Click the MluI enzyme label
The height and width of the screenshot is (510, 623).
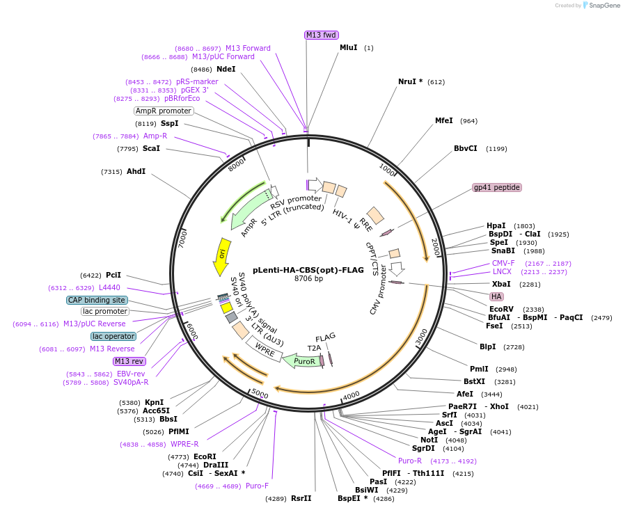(348, 48)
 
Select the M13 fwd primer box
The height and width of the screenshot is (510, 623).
(321, 35)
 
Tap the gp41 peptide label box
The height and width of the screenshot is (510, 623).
(496, 187)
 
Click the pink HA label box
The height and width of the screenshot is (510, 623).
(496, 296)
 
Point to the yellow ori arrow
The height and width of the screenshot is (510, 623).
(222, 254)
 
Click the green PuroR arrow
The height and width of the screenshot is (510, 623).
(301, 360)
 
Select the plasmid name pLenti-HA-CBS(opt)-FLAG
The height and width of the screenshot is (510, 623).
(308, 270)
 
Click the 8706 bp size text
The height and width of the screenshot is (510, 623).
(308, 279)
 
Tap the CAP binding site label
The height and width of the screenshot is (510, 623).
(97, 300)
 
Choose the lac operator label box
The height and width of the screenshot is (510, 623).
(113, 336)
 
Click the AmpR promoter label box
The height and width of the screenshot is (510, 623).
(164, 111)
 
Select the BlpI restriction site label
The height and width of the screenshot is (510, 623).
(487, 346)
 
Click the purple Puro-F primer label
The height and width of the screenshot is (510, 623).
(257, 486)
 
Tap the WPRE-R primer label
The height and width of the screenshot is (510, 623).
(184, 444)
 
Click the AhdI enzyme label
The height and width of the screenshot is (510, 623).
(136, 171)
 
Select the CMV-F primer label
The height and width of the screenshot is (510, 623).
(503, 264)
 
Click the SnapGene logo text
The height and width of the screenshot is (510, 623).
(603, 6)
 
